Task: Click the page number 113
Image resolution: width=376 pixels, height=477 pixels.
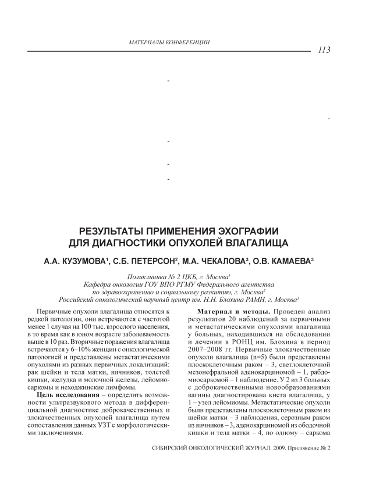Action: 324,50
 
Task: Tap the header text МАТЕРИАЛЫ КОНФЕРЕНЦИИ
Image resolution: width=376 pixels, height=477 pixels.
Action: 169,42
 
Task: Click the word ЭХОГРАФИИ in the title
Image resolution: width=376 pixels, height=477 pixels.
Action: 242,229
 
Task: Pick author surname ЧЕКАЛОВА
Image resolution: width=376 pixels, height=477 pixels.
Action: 223,262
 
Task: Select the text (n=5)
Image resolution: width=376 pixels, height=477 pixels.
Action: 265,361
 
